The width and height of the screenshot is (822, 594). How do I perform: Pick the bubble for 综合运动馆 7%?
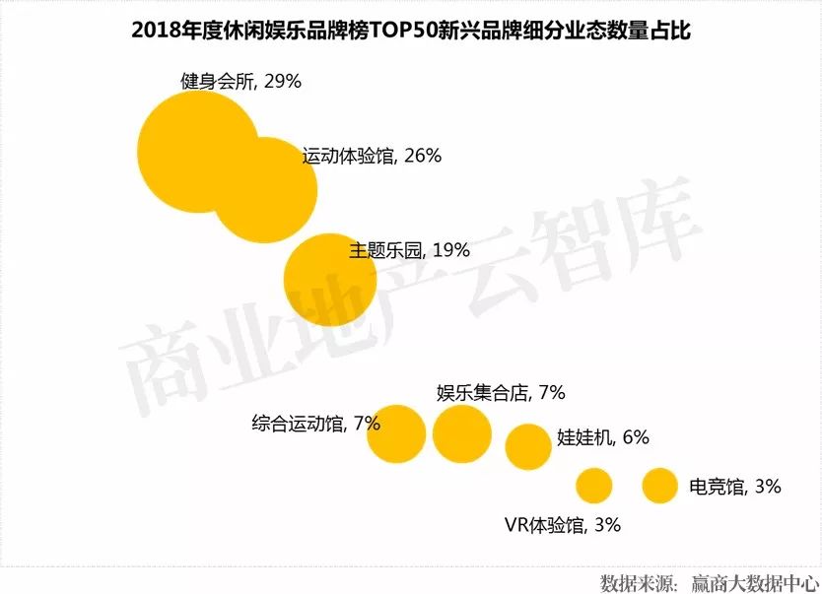(x=396, y=433)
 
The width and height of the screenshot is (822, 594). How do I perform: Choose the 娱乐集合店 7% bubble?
(x=461, y=432)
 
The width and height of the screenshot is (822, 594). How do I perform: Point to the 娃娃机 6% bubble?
(x=528, y=446)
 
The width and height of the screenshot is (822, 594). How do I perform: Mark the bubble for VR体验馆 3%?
(x=594, y=486)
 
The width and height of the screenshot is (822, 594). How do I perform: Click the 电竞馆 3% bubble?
(x=659, y=486)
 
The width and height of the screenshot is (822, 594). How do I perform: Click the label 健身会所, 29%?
(x=240, y=82)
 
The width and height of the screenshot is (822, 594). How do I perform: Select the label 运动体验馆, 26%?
(x=372, y=156)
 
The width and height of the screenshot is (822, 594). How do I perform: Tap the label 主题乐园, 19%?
(x=409, y=250)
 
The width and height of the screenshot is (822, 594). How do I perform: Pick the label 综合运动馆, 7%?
(x=315, y=424)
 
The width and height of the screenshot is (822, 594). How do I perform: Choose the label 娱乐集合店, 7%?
(x=501, y=393)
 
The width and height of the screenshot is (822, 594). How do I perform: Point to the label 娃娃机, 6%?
(x=603, y=437)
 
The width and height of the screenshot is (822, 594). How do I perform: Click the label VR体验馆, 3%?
(x=562, y=525)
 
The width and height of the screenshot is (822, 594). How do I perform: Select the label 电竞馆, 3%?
(x=735, y=486)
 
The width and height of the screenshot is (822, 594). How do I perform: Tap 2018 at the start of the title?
(x=154, y=31)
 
